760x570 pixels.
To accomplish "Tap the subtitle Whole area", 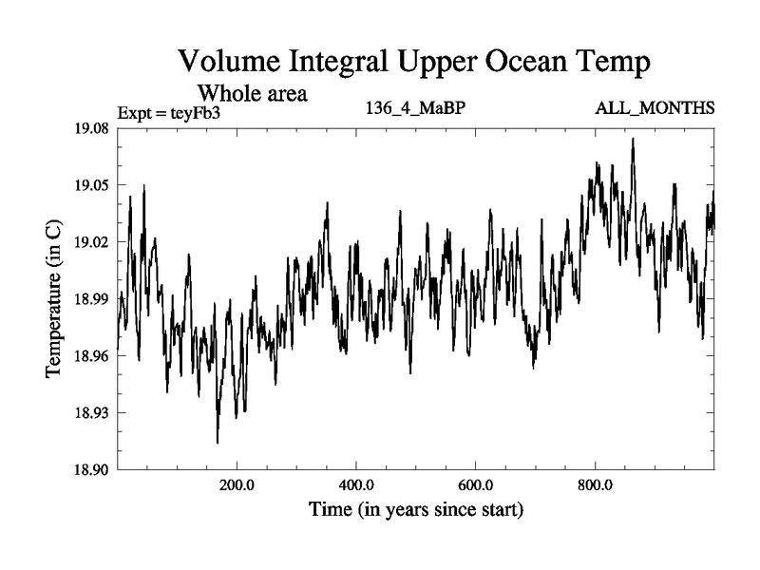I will pos(252,94).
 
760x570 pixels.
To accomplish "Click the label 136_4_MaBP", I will pos(415,107).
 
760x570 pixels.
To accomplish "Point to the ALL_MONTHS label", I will pos(655,107).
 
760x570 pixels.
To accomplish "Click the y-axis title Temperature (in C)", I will pos(54,299).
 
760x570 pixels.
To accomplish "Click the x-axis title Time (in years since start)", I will pos(416,510).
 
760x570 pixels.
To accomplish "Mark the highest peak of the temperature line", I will pos(633,139).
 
